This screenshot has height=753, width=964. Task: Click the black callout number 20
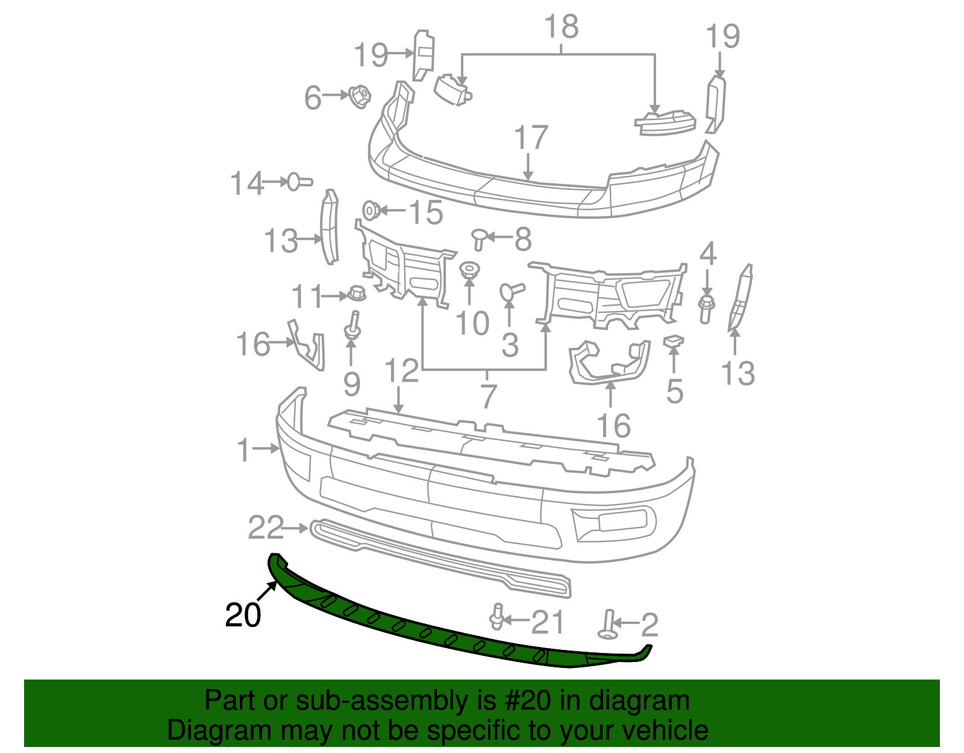point(243,615)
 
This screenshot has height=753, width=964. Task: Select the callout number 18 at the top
point(561,27)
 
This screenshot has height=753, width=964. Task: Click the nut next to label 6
point(360,96)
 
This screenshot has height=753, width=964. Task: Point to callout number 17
point(531,138)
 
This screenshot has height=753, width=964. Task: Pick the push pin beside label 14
point(299,181)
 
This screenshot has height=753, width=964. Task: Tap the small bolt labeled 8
point(480,238)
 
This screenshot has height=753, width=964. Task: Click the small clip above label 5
point(674,342)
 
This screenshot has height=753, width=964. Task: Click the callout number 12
point(401,370)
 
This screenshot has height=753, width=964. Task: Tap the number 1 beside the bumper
point(243,450)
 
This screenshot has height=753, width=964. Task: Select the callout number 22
point(266,528)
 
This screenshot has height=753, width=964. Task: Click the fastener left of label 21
point(497,617)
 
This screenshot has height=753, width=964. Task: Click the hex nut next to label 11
point(357,295)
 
